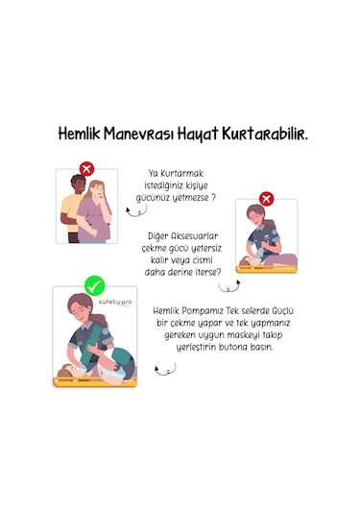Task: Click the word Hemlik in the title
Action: point(78,135)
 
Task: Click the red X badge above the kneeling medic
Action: point(267,199)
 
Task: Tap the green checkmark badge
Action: point(94,285)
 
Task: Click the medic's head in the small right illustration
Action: point(254,215)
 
